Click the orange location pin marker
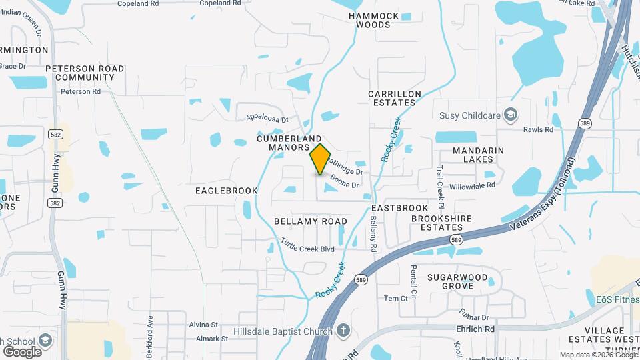pyautogui.click(x=321, y=159)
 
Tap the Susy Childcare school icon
pyautogui.click(x=511, y=115)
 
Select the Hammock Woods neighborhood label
pyautogui.click(x=373, y=20)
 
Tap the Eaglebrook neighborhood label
pyautogui.click(x=226, y=191)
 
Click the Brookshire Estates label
pyautogui.click(x=441, y=223)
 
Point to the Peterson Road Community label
pyautogui.click(x=85, y=73)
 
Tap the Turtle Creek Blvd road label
pyautogui.click(x=307, y=245)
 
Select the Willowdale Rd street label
pyautogui.click(x=472, y=185)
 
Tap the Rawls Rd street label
pyautogui.click(x=538, y=129)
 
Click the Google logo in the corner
pyautogui.click(x=22, y=351)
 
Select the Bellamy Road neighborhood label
pyautogui.click(x=311, y=221)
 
